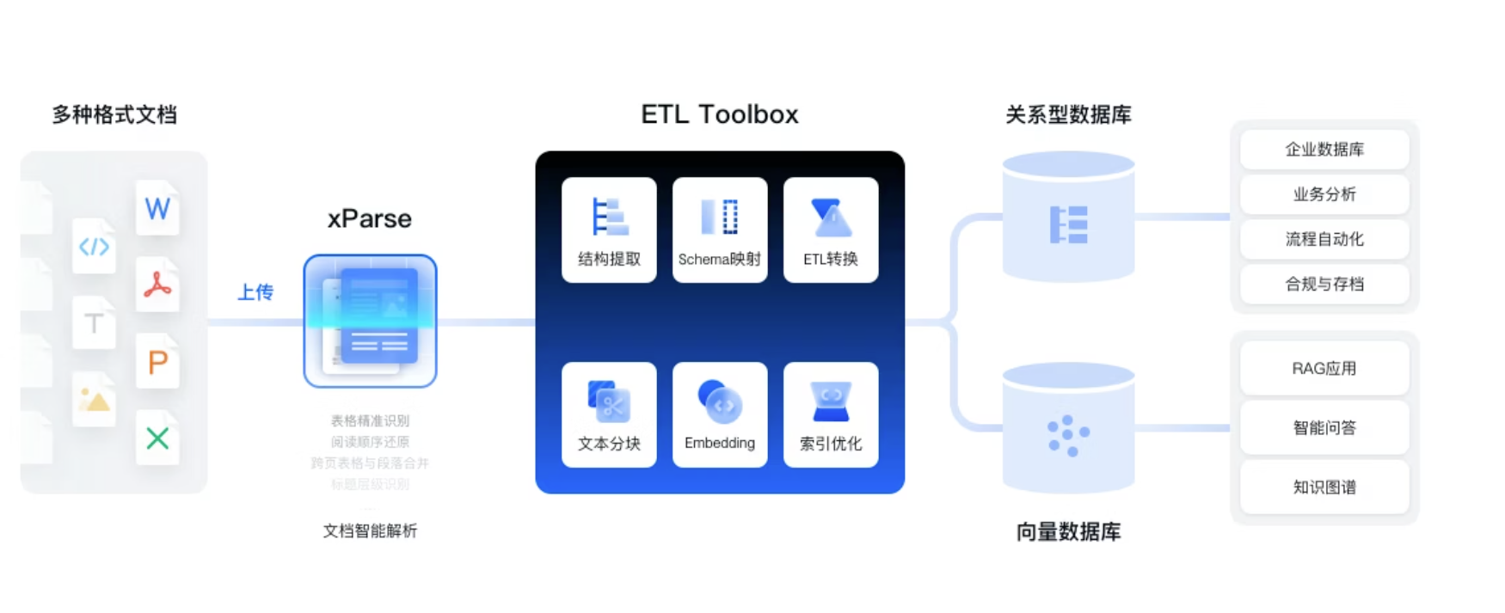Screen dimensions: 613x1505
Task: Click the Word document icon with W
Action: (x=157, y=208)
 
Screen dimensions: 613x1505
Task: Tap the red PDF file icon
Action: (x=157, y=285)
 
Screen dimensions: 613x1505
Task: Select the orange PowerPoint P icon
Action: (x=157, y=362)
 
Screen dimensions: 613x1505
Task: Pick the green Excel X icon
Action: (x=157, y=438)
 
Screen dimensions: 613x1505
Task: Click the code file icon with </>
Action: (x=94, y=247)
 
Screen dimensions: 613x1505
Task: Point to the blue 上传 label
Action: (x=255, y=292)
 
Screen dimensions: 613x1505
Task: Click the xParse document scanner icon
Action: (x=370, y=321)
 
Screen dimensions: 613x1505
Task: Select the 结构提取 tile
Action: (x=609, y=230)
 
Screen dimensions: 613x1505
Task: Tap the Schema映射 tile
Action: (x=720, y=230)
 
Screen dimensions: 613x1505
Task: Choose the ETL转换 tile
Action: (x=831, y=230)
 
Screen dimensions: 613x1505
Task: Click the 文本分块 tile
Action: (x=609, y=414)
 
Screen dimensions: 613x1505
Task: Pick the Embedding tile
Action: (x=720, y=414)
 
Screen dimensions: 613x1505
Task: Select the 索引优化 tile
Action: (x=831, y=414)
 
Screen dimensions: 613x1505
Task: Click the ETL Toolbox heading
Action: (x=720, y=114)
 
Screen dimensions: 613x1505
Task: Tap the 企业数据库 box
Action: (x=1324, y=150)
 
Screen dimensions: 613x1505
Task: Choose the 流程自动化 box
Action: (x=1324, y=239)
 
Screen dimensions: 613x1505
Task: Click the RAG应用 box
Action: (x=1324, y=369)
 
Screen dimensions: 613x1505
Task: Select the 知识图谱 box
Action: (x=1324, y=487)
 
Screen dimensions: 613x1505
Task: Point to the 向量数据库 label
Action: (x=1068, y=532)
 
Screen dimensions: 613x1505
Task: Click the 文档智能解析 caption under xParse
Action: (x=370, y=531)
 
